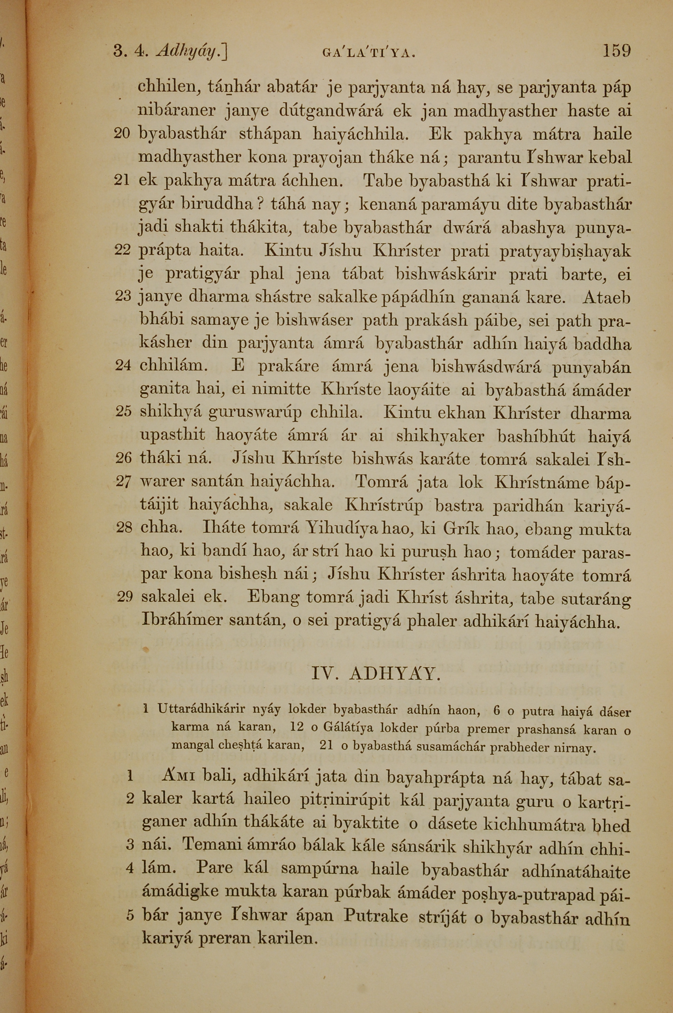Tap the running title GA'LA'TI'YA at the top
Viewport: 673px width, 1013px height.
pyautogui.click(x=369, y=53)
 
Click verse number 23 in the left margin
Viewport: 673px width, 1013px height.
pyautogui.click(x=122, y=297)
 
